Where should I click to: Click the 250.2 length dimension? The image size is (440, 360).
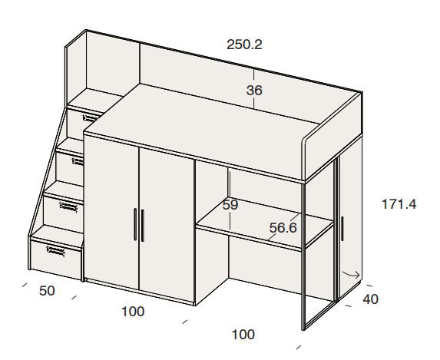point(244,45)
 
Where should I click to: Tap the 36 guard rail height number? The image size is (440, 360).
point(254,91)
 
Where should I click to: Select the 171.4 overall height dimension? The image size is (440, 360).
point(399,204)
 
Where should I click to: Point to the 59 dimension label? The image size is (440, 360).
point(230,205)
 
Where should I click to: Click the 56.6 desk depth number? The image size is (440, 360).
point(283,227)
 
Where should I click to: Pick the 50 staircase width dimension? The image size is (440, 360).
point(47,291)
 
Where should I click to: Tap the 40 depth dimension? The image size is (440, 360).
point(370,299)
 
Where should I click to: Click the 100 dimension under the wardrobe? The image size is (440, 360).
point(133,312)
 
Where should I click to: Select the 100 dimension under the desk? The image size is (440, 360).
point(243,335)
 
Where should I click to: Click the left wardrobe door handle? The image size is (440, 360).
point(135,224)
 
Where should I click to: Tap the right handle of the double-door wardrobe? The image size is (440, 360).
point(142,226)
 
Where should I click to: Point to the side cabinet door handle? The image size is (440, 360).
point(342,229)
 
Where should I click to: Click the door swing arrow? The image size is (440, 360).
point(351,274)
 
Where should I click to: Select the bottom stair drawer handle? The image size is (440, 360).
point(55,251)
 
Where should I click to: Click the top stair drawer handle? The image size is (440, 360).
point(91,117)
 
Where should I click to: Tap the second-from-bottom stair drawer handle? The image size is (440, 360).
point(68,206)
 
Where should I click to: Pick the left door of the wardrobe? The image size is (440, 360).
point(111,212)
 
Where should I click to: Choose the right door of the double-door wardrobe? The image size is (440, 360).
point(167,224)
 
